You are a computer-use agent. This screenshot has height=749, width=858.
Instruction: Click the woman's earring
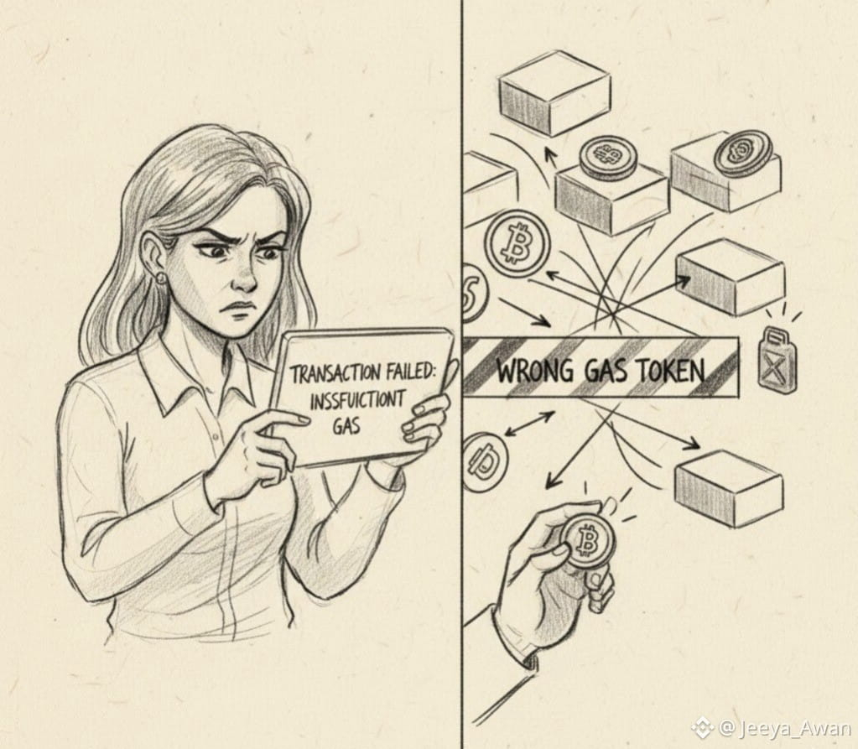161,278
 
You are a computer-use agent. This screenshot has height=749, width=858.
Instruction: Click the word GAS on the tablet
346,425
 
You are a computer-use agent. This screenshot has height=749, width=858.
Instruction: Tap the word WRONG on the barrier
535,371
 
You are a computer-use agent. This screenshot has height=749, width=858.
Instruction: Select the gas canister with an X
777,359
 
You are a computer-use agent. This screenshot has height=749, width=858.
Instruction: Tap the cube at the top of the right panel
555,92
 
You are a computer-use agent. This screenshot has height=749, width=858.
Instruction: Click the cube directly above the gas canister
730,278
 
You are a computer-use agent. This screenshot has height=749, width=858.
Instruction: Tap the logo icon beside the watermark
703,728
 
